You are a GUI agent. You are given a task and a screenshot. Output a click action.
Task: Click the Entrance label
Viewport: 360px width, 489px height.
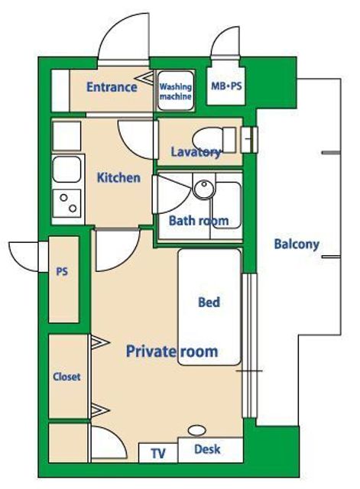click(x=112, y=87)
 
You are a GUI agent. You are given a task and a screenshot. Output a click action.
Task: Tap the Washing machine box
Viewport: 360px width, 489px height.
click(x=175, y=90)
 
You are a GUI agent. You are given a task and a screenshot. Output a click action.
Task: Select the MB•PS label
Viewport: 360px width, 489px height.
click(x=226, y=86)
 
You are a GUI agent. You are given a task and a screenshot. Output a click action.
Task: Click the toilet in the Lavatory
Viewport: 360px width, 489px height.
click(x=214, y=140)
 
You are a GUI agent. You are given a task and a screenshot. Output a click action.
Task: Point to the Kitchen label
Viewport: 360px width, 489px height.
click(x=118, y=178)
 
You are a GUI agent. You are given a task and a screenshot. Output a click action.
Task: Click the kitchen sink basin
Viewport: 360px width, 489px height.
click(x=66, y=170)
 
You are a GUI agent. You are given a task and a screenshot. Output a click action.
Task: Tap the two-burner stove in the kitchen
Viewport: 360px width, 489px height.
click(x=66, y=203)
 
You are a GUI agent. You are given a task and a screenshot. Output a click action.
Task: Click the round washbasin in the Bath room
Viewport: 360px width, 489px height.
click(x=204, y=188)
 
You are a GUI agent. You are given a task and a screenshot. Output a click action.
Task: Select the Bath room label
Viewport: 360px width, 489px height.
click(x=199, y=221)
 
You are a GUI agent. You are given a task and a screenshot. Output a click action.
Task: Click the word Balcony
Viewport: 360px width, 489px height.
click(x=297, y=244)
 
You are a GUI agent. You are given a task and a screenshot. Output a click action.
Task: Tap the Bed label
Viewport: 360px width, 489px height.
click(x=209, y=302)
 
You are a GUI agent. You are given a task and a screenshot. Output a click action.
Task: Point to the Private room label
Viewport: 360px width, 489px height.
click(x=172, y=351)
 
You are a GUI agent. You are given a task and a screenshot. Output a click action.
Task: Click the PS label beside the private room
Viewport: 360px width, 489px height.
click(x=62, y=272)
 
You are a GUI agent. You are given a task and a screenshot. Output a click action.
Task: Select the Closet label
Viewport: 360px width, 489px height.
click(x=66, y=377)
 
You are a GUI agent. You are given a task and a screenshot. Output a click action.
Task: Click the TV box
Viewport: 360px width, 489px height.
click(x=158, y=453)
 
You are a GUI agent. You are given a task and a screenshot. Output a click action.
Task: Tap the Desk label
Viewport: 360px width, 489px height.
click(x=207, y=449)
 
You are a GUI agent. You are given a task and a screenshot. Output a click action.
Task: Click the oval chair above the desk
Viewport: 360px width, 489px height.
click(x=197, y=430)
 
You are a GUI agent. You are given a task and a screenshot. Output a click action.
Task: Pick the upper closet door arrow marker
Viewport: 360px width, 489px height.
click(x=100, y=342)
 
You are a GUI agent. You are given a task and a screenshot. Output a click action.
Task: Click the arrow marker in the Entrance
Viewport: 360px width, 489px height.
click(x=144, y=78)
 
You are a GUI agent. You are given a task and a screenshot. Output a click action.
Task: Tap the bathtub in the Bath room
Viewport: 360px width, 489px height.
click(x=228, y=205)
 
